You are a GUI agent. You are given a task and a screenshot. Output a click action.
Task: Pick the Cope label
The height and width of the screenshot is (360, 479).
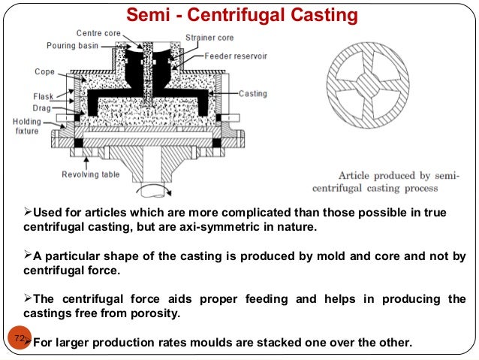click(44, 72)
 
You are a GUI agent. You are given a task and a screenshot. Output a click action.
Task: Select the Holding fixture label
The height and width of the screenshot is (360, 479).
click(27, 126)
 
